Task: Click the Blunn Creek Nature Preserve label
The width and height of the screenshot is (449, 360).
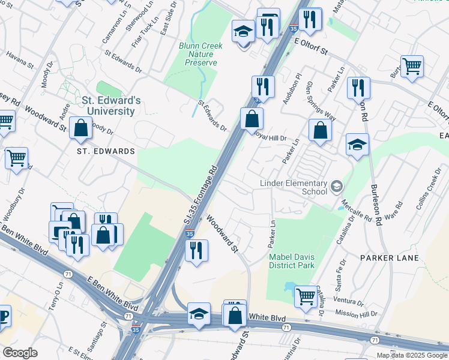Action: (200, 54)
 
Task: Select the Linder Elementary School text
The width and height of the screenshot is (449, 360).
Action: (293, 187)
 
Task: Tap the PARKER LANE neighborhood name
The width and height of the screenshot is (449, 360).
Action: (385, 257)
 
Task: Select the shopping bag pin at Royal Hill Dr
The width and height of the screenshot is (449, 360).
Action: (252, 118)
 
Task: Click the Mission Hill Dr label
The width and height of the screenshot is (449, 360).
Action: (356, 313)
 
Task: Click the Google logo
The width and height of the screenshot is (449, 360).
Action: (20, 353)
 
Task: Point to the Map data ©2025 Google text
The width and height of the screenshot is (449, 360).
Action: (412, 355)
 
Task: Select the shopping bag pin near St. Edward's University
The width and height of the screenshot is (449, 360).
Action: (80, 127)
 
